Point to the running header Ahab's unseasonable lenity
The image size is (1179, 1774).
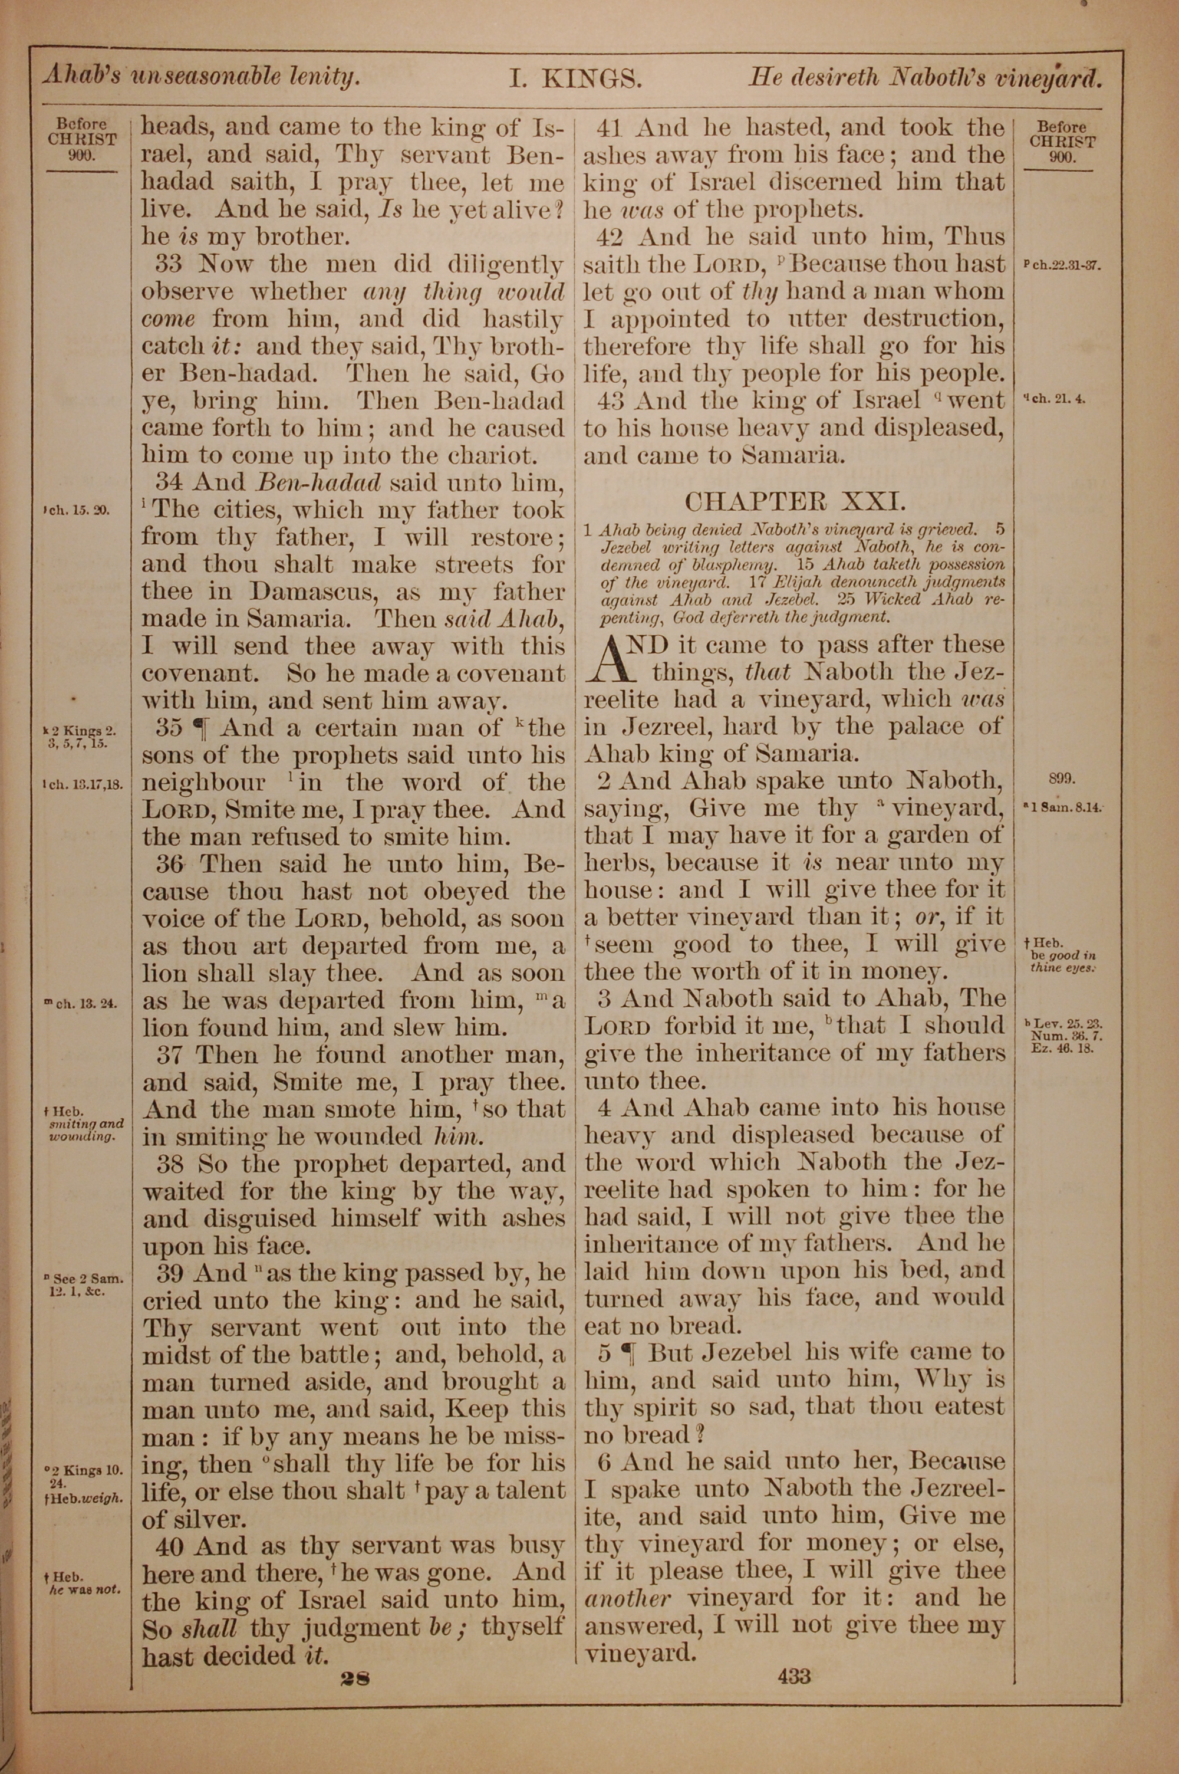coord(200,76)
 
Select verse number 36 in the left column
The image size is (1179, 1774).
coord(172,864)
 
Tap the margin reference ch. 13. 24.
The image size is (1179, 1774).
coord(81,1003)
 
